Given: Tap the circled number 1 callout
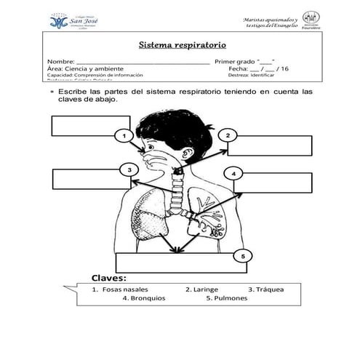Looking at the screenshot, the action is click(124, 136).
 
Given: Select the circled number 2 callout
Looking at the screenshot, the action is click(228, 135).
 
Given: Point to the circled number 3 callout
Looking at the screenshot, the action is click(129, 169).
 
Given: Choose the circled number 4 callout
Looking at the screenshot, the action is click(234, 173).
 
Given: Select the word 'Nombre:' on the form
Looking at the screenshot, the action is click(60, 62).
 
